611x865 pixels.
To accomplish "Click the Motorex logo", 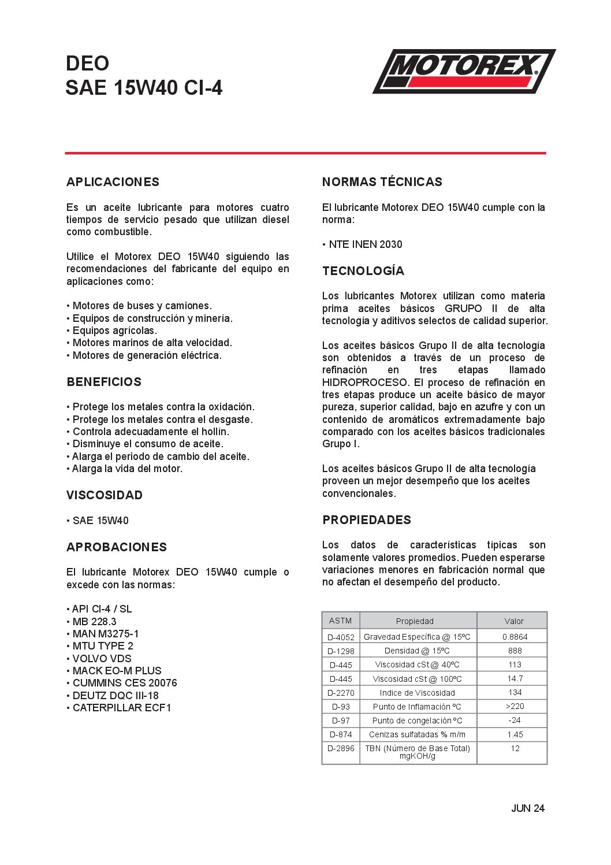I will [x=464, y=71].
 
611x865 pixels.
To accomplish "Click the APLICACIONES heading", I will [x=113, y=182].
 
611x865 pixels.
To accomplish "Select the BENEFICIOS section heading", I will [x=104, y=382].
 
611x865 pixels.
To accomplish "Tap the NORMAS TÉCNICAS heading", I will [x=382, y=182].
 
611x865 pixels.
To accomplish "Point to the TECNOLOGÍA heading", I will [x=363, y=271].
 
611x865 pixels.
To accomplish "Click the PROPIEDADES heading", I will [x=367, y=520].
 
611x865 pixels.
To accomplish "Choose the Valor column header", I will [x=514, y=621].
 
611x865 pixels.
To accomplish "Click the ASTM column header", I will [x=340, y=621].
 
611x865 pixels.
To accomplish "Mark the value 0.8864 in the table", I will [x=515, y=637].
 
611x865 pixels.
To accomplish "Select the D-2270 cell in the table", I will [x=341, y=693].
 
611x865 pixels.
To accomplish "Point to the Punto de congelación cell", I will [x=417, y=721].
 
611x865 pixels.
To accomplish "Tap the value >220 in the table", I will [x=515, y=706].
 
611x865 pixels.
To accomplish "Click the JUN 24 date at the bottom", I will [x=527, y=808].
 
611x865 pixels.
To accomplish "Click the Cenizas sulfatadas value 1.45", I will [x=515, y=734].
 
